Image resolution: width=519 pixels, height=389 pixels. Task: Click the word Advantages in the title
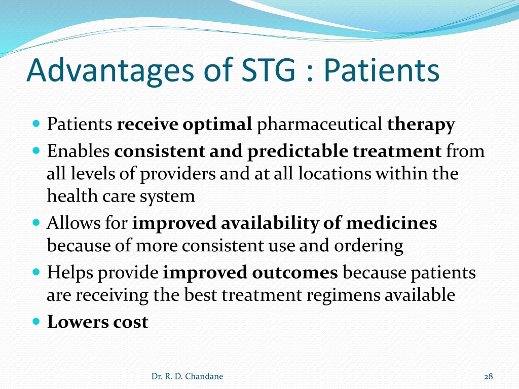pyautogui.click(x=110, y=70)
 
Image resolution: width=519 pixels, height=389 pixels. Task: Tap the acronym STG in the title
pyautogui.click(x=268, y=70)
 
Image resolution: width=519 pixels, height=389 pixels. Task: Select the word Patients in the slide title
pyautogui.click(x=381, y=70)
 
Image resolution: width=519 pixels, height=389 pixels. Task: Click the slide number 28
pyautogui.click(x=489, y=376)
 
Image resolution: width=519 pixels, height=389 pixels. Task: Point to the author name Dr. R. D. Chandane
pyautogui.click(x=187, y=376)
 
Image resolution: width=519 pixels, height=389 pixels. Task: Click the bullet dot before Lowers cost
pyautogui.click(x=36, y=321)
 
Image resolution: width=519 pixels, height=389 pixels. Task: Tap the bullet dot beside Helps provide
pyautogui.click(x=36, y=272)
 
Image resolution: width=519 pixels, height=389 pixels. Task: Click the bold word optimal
pyautogui.click(x=217, y=125)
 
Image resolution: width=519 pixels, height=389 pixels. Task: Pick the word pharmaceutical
pyautogui.click(x=319, y=125)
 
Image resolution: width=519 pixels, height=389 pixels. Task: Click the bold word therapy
pyautogui.click(x=421, y=125)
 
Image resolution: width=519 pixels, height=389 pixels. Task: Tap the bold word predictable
pyautogui.click(x=298, y=151)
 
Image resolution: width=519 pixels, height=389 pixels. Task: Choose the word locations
pyautogui.click(x=335, y=173)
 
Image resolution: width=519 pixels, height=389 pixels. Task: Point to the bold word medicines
pyautogui.click(x=392, y=223)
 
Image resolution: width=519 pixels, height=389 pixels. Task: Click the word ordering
pyautogui.click(x=368, y=246)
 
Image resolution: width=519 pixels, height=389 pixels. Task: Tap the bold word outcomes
pyautogui.click(x=295, y=273)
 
